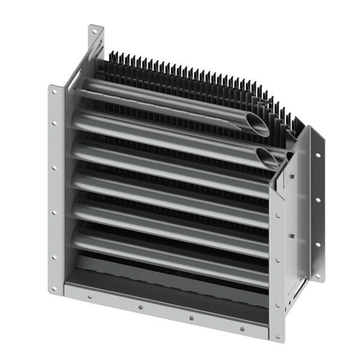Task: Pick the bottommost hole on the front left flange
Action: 55,289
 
